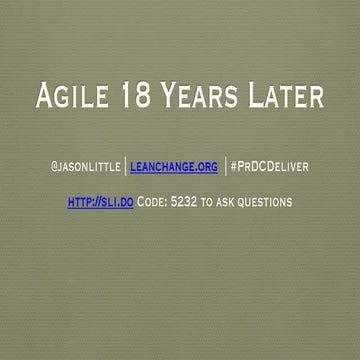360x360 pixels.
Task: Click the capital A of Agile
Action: (x=46, y=97)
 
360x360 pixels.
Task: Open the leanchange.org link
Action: (x=174, y=166)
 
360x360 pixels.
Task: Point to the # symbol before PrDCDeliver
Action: (x=233, y=166)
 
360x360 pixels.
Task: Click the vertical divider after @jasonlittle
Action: (x=126, y=166)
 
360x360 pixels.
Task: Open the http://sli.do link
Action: (x=100, y=201)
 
